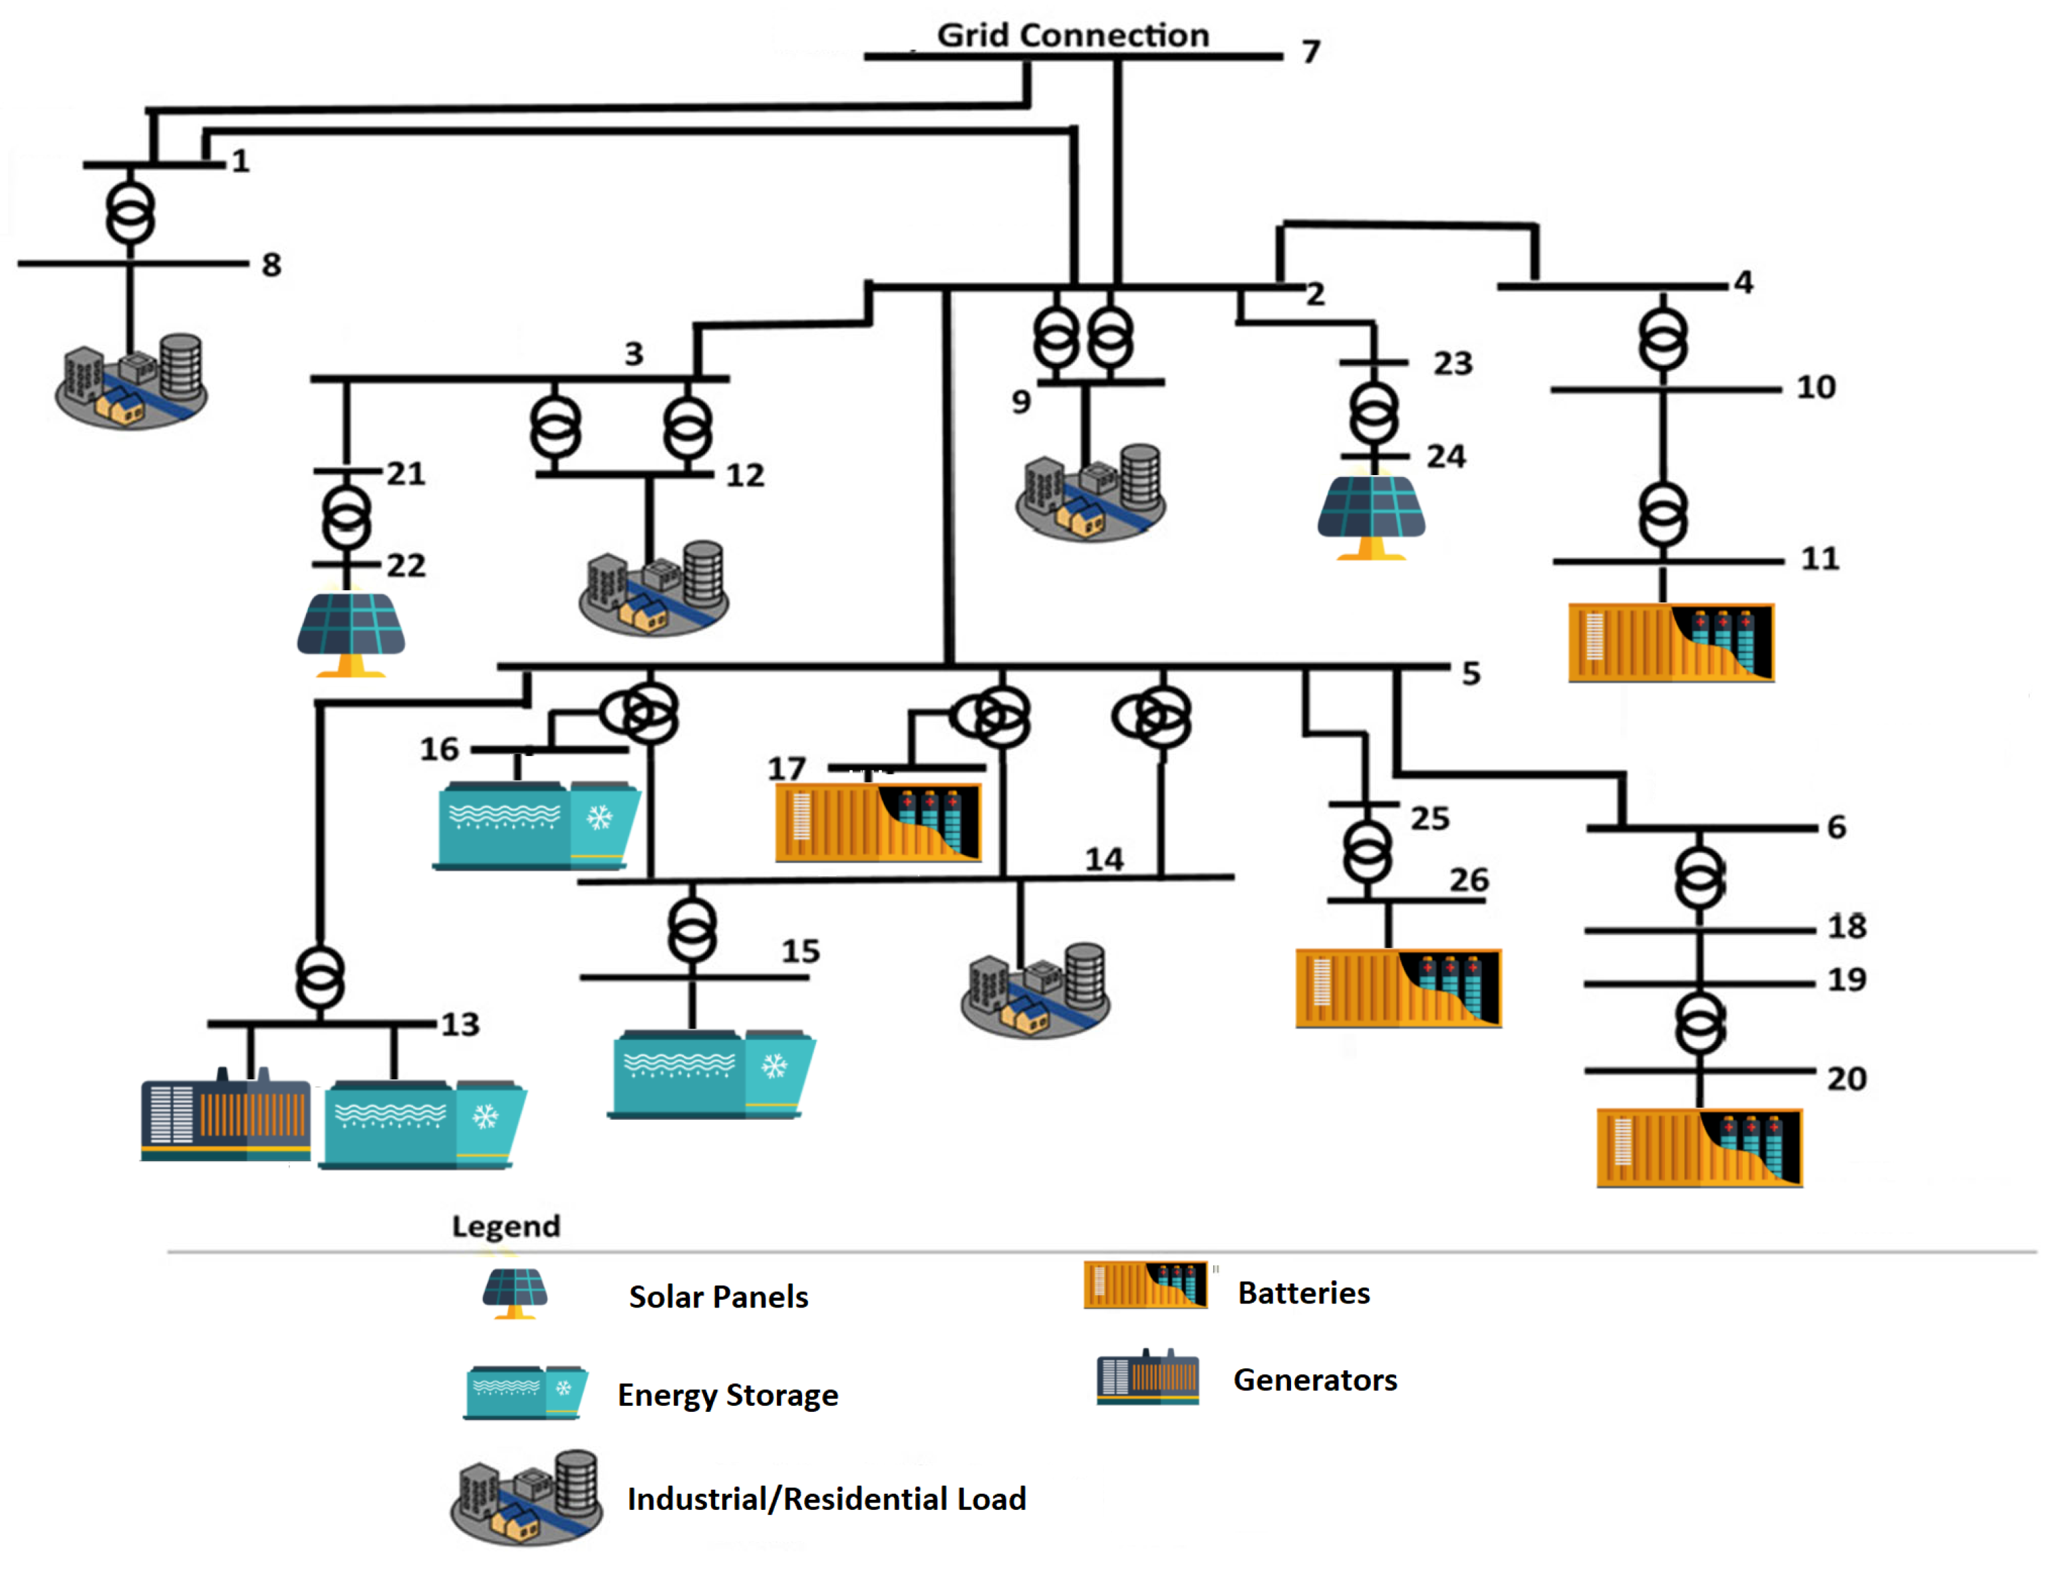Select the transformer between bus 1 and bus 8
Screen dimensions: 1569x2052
[x=130, y=214]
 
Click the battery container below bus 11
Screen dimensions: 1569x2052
[x=1670, y=643]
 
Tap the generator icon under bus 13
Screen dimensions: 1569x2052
[x=225, y=1119]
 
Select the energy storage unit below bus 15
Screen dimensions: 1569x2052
[x=712, y=1074]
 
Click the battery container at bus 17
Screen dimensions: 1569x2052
[x=877, y=822]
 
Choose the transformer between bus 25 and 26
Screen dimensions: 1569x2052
[x=1367, y=852]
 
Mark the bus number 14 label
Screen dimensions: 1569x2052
[x=1103, y=859]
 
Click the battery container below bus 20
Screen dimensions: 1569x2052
[x=1698, y=1147]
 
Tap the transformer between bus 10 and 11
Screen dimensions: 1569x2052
[x=1663, y=514]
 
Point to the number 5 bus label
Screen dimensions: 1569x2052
[x=1471, y=673]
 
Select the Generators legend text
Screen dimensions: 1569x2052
[x=1314, y=1379]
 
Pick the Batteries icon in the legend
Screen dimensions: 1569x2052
[x=1145, y=1284]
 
